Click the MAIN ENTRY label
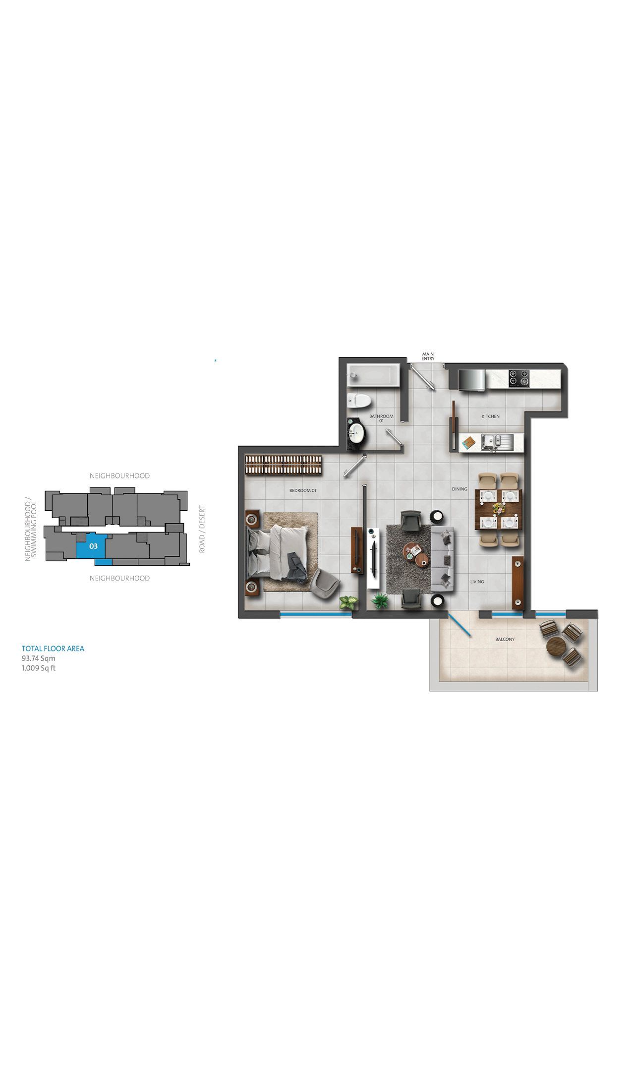click(x=428, y=356)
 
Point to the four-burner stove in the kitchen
click(x=519, y=379)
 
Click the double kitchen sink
click(x=497, y=441)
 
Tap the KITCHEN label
click(x=491, y=416)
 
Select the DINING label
click(x=460, y=489)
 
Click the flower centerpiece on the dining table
click(x=498, y=508)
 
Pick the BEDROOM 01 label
click(x=302, y=490)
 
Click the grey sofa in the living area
click(x=443, y=559)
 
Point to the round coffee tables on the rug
click(x=416, y=554)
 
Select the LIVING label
click(x=477, y=582)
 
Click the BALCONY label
click(x=505, y=639)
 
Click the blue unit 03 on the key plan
click(x=93, y=547)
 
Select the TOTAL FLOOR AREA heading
click(x=53, y=648)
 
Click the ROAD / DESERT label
click(x=202, y=529)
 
